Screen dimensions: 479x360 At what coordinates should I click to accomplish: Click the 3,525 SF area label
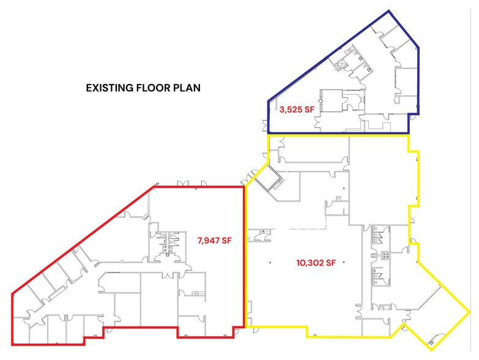(297, 110)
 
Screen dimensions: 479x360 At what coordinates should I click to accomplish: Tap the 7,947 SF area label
(215, 241)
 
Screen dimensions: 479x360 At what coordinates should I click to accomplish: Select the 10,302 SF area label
(316, 263)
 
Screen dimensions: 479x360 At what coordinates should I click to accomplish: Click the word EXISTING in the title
(110, 88)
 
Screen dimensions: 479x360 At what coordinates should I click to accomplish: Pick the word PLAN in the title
(187, 88)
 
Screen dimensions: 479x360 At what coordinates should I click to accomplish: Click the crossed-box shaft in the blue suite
(340, 65)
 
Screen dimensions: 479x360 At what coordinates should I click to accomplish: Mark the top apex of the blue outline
(389, 11)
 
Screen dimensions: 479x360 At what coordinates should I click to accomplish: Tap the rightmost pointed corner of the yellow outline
(470, 312)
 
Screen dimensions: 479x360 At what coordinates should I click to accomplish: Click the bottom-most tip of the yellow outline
(432, 350)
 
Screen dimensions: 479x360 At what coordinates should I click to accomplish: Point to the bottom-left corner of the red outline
(12, 345)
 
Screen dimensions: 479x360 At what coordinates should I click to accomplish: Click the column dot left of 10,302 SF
(270, 262)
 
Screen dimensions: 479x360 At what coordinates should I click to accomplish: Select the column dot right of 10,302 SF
(344, 262)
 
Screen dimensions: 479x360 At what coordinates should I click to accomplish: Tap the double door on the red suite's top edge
(184, 183)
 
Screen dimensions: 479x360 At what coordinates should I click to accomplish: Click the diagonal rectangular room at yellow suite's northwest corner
(269, 178)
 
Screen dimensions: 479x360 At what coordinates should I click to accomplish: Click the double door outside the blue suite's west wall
(264, 126)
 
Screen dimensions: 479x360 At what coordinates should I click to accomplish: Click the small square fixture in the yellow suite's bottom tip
(431, 342)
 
